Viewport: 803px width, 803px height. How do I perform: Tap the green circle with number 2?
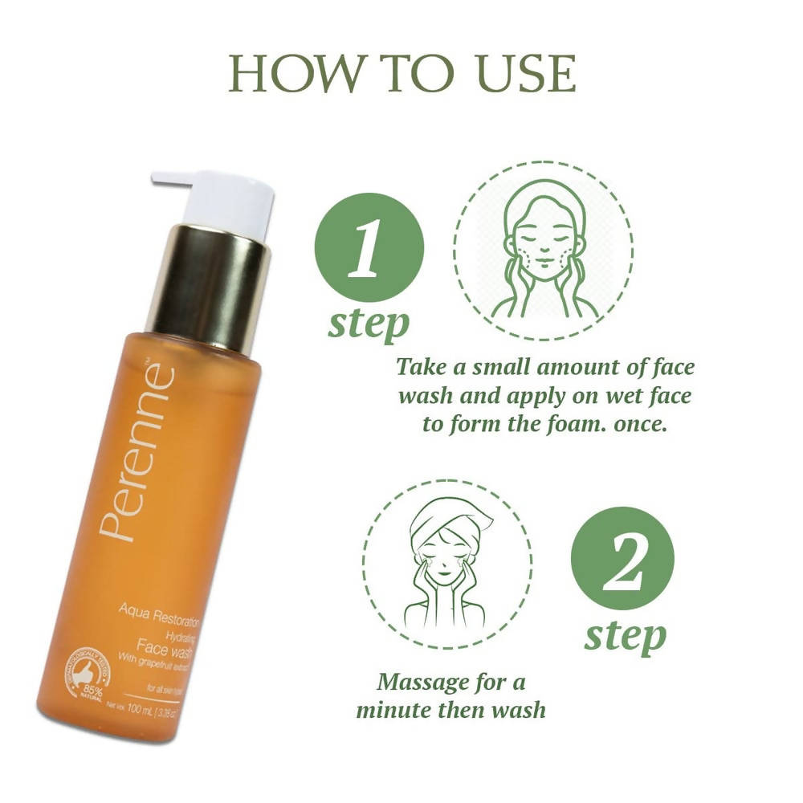click(x=622, y=559)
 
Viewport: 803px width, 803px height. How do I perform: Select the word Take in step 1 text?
click(x=422, y=368)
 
